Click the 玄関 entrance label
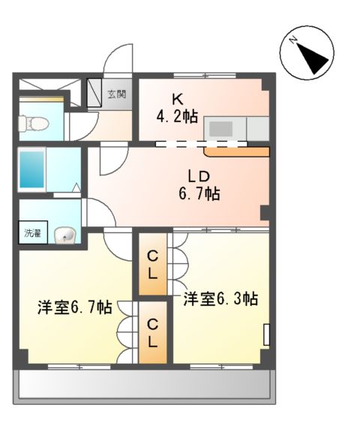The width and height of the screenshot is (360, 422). coord(116,94)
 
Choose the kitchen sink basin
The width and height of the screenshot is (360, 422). coord(221,127)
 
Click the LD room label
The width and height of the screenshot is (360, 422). coord(198,176)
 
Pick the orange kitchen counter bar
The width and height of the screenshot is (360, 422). coord(236,152)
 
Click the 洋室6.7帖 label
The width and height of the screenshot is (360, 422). coord(75,307)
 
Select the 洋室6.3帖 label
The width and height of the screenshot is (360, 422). coord(220,298)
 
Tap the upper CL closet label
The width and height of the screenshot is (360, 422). coord(152,265)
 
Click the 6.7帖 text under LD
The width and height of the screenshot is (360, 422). coord(198,194)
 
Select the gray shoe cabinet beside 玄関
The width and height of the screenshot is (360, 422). coord(96,93)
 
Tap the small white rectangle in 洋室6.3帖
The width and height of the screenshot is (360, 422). coord(266,334)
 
